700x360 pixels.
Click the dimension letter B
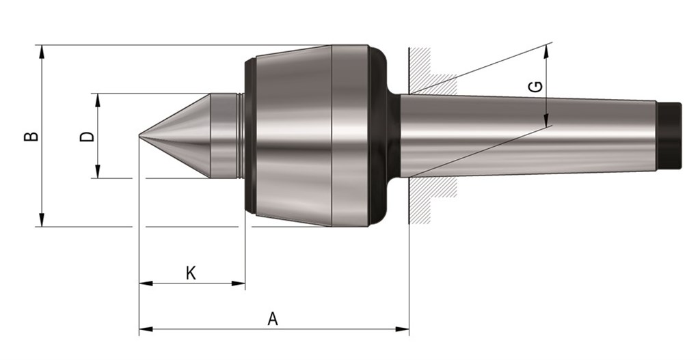[31, 136]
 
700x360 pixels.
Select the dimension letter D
[87, 136]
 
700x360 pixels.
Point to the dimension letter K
[191, 273]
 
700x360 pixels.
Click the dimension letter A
[273, 319]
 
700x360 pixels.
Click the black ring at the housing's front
[250, 136]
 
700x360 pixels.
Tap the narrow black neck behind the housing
[393, 136]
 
